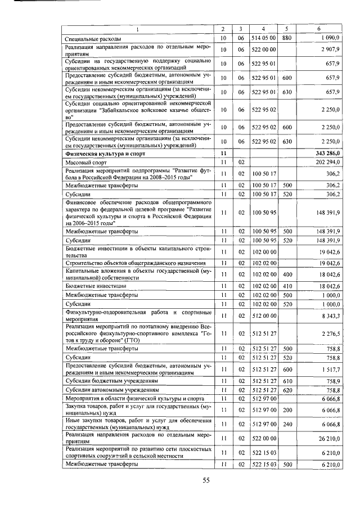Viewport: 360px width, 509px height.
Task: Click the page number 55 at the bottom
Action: (x=206, y=479)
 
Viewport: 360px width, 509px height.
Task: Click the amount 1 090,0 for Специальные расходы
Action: (x=328, y=38)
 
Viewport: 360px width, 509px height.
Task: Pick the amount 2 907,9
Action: (x=328, y=49)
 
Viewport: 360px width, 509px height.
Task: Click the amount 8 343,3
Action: (x=328, y=316)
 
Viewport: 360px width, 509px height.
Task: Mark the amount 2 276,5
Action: (x=328, y=333)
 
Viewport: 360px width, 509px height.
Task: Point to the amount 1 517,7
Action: (x=328, y=368)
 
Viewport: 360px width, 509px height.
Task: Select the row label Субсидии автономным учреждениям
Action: (x=111, y=389)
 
